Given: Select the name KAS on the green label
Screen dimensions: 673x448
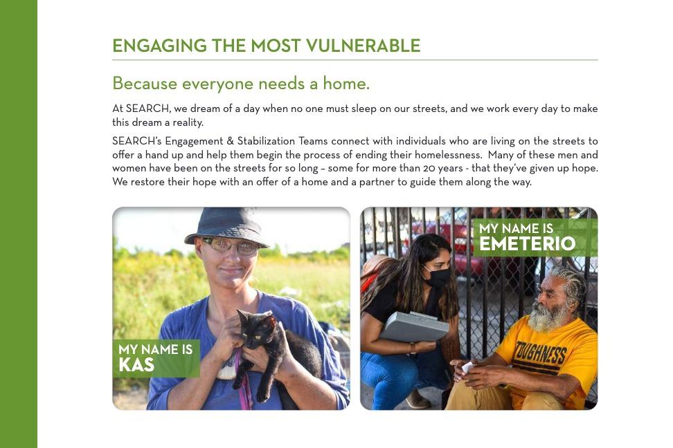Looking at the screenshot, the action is [136, 365].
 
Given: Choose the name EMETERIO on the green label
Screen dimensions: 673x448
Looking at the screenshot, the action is [527, 244].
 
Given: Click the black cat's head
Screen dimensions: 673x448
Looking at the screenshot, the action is [257, 327].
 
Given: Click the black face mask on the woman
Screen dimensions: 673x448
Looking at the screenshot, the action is [438, 277].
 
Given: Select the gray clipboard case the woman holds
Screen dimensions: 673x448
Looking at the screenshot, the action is [414, 326].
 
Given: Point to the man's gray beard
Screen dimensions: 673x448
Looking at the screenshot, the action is [547, 316].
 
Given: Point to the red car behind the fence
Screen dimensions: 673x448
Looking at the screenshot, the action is [455, 244].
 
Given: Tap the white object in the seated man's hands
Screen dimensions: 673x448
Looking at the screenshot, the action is [468, 367].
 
